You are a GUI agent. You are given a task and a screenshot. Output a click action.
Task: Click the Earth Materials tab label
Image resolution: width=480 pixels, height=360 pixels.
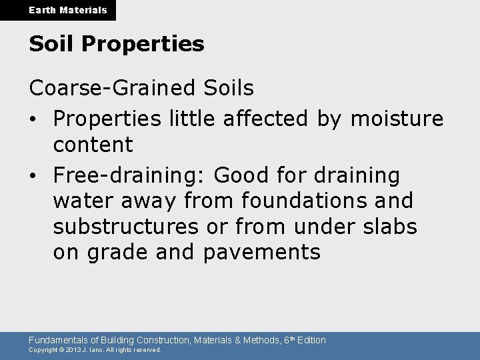(x=58, y=10)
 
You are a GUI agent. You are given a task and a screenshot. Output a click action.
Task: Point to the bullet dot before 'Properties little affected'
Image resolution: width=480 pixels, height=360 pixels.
(x=33, y=119)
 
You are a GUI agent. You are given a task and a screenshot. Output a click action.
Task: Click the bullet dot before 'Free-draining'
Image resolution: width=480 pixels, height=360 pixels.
(x=33, y=176)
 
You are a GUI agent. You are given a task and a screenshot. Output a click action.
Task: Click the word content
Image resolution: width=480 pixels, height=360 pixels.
(x=93, y=144)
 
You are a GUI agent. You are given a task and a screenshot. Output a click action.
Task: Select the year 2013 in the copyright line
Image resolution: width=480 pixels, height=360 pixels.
(x=74, y=349)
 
